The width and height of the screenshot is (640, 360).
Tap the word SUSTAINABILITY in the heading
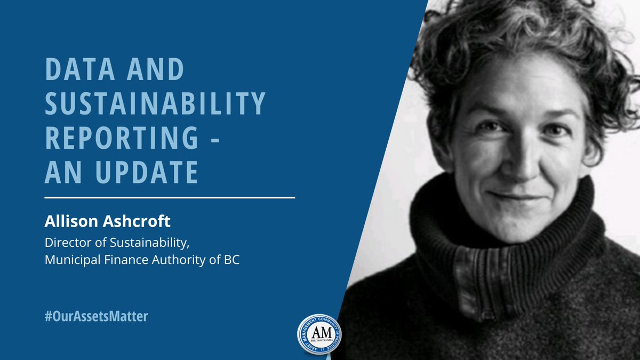(x=155, y=105)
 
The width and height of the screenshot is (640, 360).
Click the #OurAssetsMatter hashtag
(x=97, y=316)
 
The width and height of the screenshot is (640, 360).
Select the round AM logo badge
(x=319, y=334)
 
